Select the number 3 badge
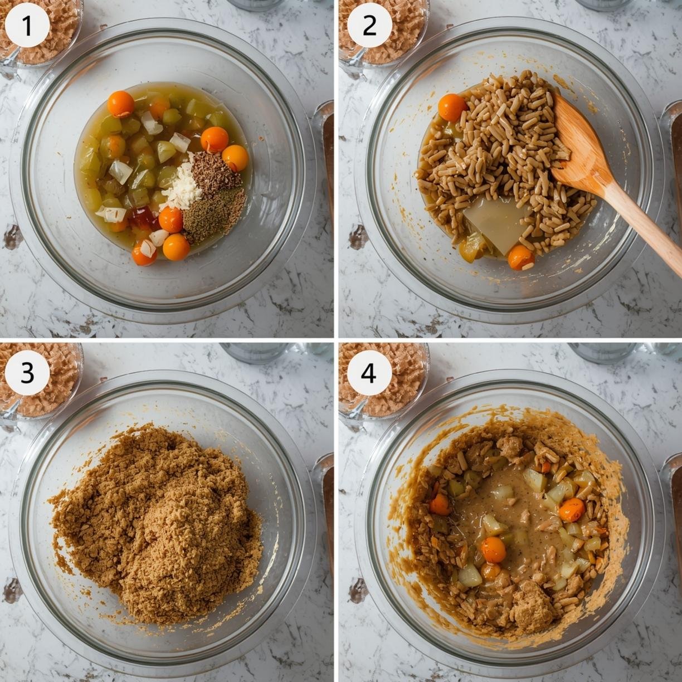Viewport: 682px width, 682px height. (28, 373)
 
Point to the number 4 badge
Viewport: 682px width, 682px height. (369, 373)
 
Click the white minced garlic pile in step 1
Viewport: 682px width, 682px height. (181, 186)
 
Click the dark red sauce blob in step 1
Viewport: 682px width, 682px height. (143, 219)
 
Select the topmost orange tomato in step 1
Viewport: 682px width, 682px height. (121, 104)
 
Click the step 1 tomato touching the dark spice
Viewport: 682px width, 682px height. (235, 158)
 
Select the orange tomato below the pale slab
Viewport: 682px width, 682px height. (521, 257)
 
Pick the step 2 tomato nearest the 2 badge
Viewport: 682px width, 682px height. (452, 108)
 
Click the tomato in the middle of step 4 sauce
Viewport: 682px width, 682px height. (493, 549)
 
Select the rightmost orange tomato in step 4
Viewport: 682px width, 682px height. (572, 510)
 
